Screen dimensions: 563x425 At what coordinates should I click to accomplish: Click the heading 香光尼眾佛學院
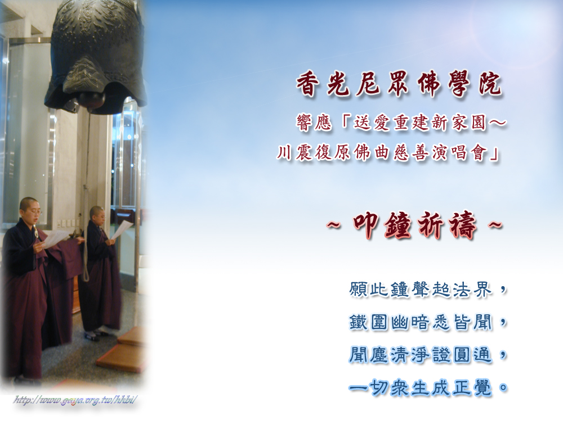399,85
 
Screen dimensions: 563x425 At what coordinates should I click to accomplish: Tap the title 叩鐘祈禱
415,225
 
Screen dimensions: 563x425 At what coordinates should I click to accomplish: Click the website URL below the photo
75,400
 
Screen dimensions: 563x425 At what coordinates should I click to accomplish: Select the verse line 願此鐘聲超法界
421,290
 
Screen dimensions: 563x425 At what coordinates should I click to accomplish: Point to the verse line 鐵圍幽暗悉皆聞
421,322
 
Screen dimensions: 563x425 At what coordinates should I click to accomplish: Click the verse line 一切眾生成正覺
421,388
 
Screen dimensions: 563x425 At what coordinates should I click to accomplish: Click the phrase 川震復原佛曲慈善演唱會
382,153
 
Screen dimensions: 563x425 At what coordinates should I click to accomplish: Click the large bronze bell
96,54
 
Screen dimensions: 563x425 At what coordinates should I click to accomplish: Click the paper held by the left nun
55,237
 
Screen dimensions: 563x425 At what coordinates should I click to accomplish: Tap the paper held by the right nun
122,229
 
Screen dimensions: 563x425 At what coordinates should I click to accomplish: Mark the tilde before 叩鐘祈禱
334,225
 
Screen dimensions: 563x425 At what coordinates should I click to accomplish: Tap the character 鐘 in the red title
399,225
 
